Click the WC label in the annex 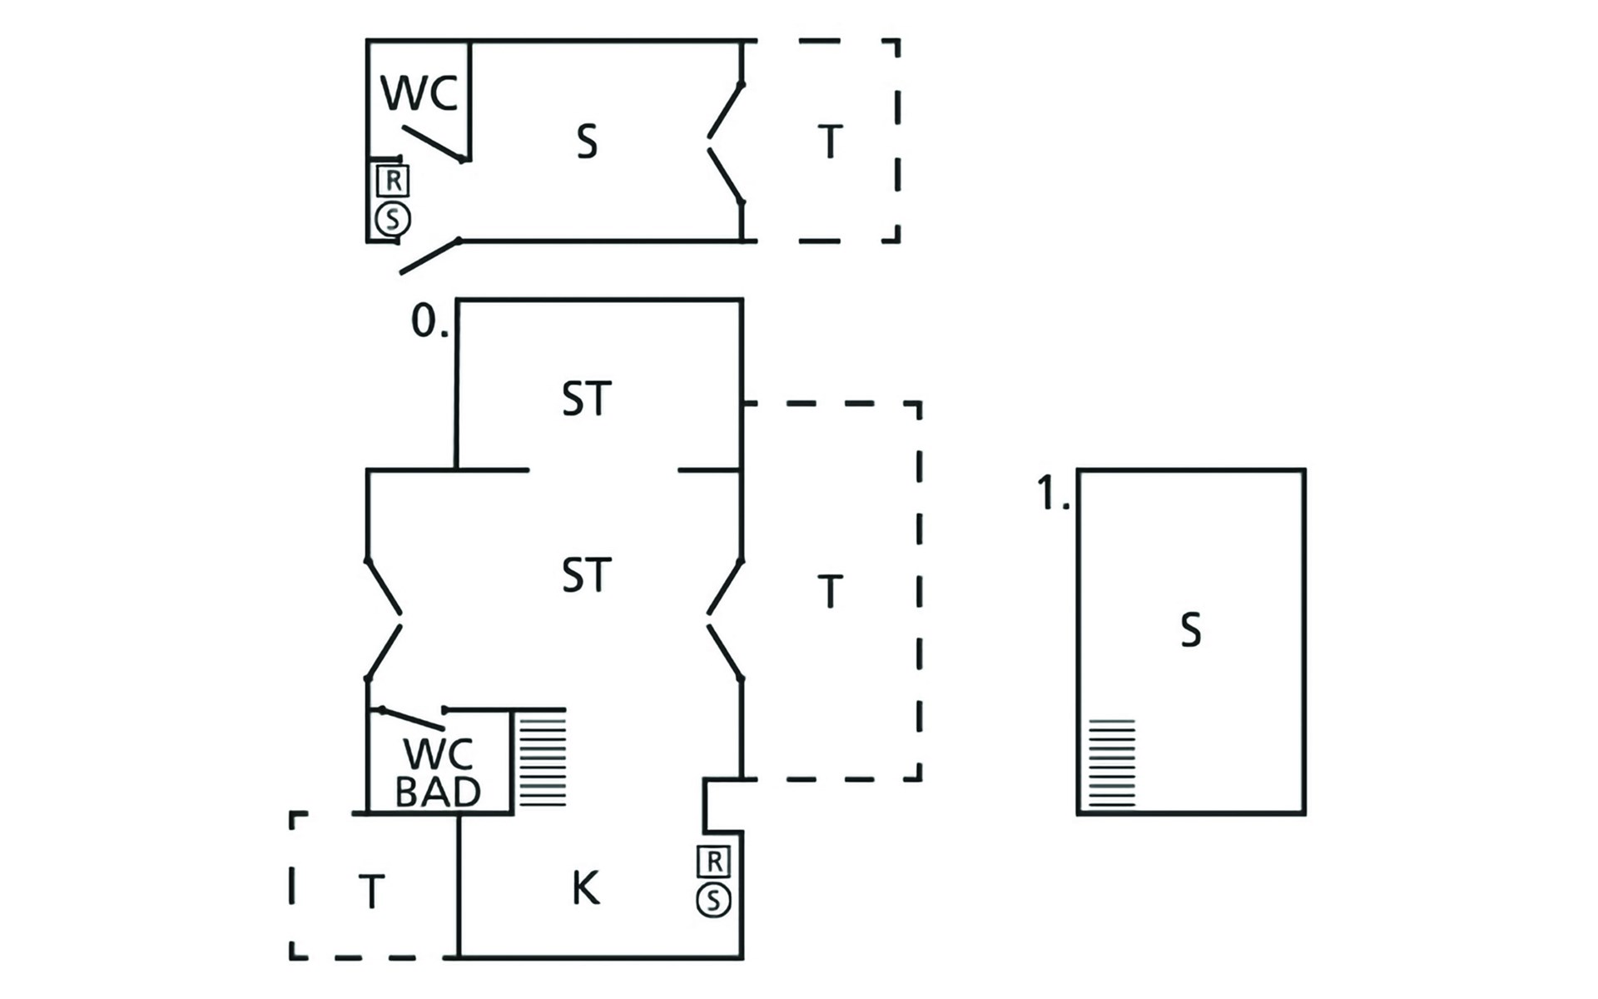[x=419, y=93]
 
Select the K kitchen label [x=585, y=888]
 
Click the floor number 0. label [x=429, y=321]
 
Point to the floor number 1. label [x=1053, y=494]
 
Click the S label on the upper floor [x=1191, y=630]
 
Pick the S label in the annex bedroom [x=587, y=142]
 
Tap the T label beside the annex [x=830, y=142]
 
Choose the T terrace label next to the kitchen [x=371, y=892]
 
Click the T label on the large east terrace [x=830, y=591]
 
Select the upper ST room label [x=587, y=399]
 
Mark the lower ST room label [x=587, y=575]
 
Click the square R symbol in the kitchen [x=714, y=862]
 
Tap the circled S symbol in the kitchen [x=713, y=900]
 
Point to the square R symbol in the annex [x=393, y=180]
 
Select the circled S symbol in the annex [x=393, y=220]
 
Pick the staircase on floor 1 [x=1112, y=763]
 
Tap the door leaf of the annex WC [x=433, y=143]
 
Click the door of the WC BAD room [x=411, y=718]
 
